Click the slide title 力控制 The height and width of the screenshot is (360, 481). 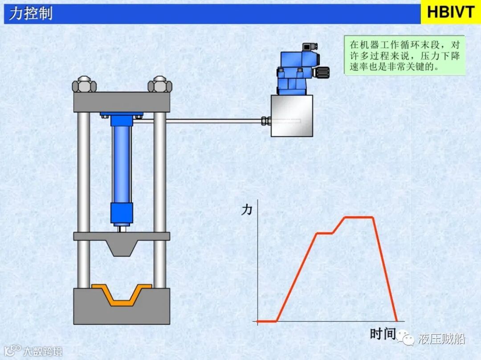(30, 13)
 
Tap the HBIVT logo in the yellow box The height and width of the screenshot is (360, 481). (450, 12)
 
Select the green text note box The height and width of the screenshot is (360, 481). (404, 55)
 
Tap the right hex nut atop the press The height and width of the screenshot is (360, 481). (159, 84)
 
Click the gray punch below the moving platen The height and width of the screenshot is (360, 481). (122, 248)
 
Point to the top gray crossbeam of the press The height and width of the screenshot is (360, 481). (122, 102)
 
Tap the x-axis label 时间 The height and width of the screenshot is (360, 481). (383, 333)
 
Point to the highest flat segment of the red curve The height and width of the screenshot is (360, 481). (359, 217)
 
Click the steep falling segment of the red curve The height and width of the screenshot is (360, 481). (384, 269)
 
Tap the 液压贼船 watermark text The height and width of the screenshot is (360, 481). (441, 339)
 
